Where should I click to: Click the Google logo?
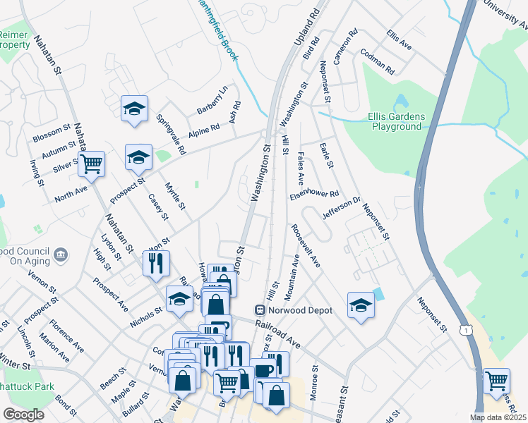tap(24, 415)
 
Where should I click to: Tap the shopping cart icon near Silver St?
tap(91, 165)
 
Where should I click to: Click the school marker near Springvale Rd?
tap(134, 109)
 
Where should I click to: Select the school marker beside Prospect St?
tap(138, 158)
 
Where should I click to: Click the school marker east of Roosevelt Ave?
tap(361, 306)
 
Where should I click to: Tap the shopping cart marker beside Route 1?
tap(497, 381)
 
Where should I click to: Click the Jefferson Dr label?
tap(341, 207)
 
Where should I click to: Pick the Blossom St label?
tap(52, 133)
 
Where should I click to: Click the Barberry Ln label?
tap(212, 100)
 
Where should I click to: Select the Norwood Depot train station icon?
tap(260, 309)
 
